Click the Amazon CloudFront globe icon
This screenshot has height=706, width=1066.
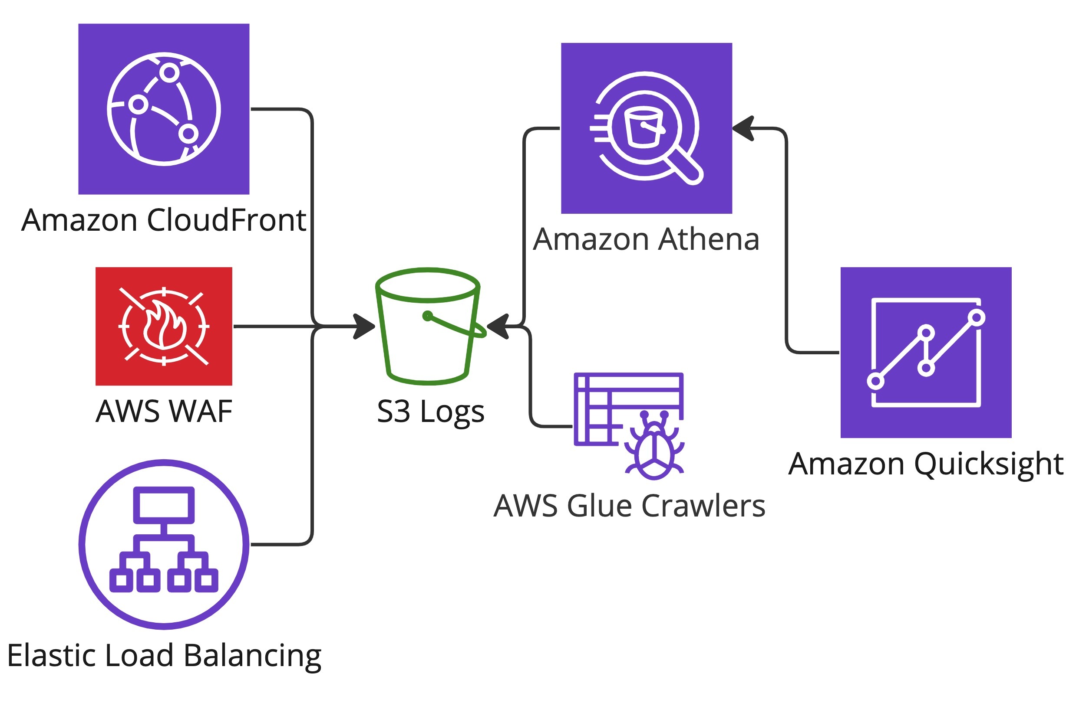(164, 109)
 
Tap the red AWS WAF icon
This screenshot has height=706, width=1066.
(164, 326)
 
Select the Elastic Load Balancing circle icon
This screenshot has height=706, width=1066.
(164, 544)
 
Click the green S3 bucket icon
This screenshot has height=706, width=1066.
(427, 326)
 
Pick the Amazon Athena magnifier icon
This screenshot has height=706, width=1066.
(646, 128)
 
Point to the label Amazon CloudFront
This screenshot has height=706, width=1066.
(164, 220)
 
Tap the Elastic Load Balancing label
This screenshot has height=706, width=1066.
(164, 656)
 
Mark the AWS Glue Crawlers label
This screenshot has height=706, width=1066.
(629, 506)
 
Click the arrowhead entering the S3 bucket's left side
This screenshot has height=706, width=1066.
(364, 326)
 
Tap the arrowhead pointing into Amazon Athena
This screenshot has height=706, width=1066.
(743, 128)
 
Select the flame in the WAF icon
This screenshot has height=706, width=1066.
(164, 325)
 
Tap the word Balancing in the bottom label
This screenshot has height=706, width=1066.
(252, 656)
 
